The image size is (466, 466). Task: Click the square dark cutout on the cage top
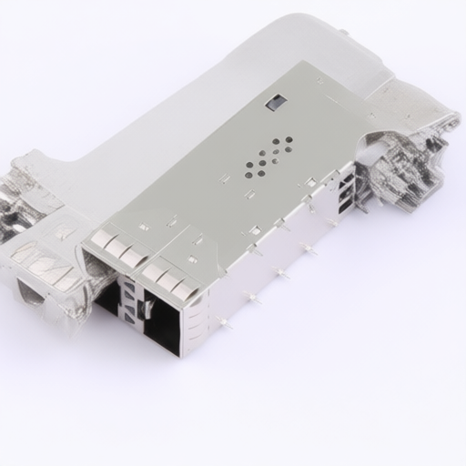point(276,102)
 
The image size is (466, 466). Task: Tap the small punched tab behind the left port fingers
point(144,227)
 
